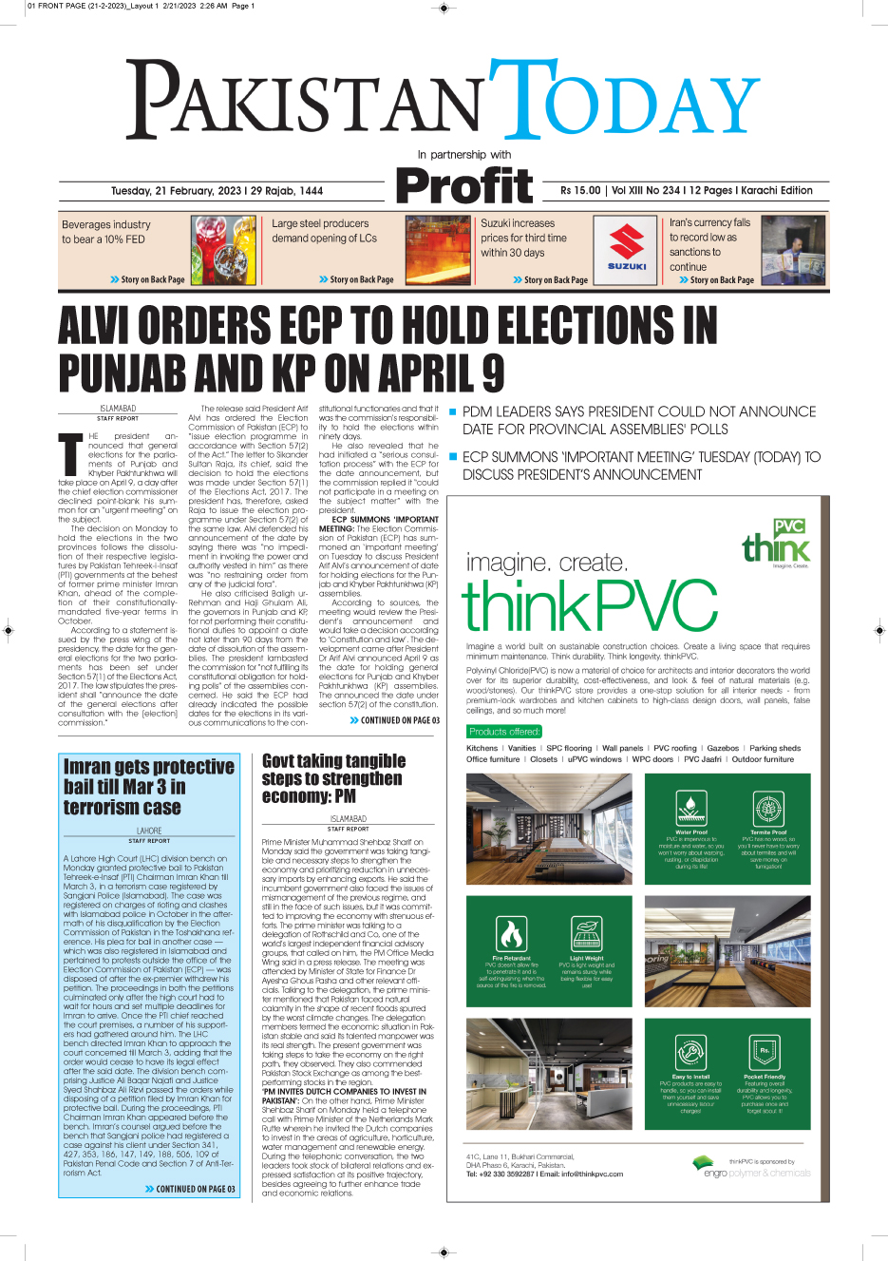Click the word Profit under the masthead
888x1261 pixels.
tap(464, 185)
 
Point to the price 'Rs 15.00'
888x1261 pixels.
tap(580, 190)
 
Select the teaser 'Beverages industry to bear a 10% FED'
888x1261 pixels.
tap(105, 232)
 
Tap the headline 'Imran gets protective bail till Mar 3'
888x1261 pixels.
tap(148, 787)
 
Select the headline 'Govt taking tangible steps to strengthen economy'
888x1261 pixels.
tap(332, 778)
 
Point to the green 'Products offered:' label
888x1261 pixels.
tap(504, 732)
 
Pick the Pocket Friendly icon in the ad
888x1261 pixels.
tap(765, 1053)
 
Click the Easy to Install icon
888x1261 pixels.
tap(690, 1053)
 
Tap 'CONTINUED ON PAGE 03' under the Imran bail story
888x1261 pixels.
tap(191, 1189)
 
